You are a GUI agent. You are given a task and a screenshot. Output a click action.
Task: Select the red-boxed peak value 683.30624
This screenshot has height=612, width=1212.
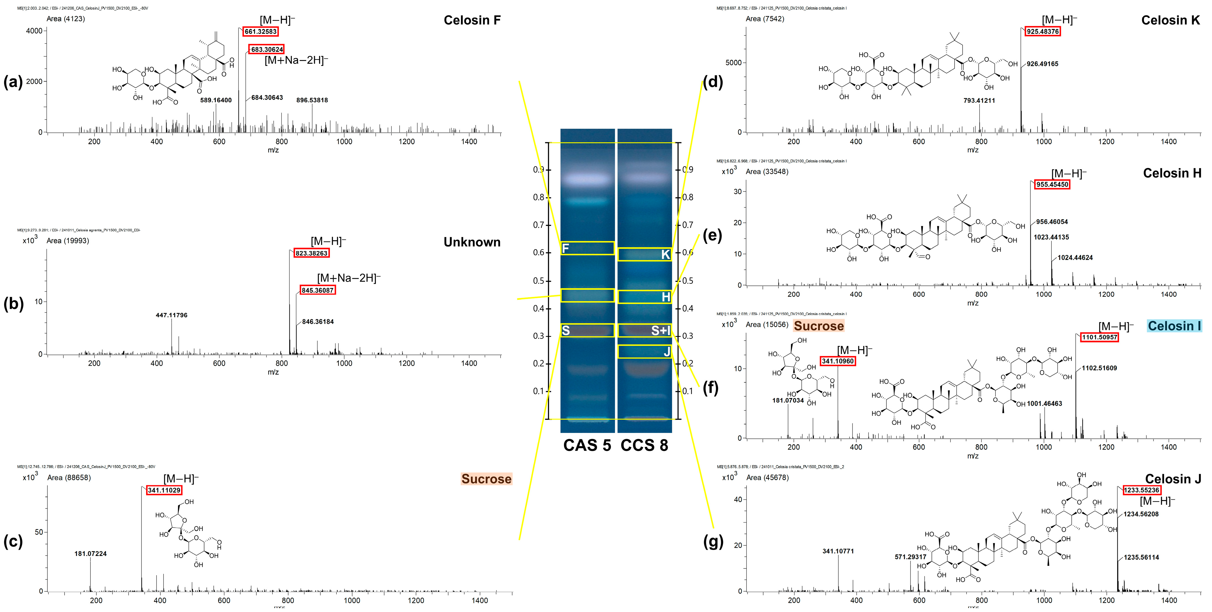[267, 50]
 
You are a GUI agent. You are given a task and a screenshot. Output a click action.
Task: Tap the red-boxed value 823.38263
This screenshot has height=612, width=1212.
[311, 253]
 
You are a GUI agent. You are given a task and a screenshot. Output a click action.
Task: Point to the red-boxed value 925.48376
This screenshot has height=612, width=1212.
[1043, 32]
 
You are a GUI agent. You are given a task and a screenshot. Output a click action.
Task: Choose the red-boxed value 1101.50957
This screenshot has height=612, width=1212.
[1099, 337]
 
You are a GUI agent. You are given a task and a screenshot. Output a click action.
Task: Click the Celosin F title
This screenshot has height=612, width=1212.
[472, 20]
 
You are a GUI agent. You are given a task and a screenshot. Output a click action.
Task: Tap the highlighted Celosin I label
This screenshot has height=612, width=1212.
[1174, 326]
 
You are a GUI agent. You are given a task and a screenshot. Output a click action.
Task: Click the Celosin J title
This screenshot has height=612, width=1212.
[1172, 479]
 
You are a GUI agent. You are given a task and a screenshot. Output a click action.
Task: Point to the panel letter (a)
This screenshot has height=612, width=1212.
[13, 82]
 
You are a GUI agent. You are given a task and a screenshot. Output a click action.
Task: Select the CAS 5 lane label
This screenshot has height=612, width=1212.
[587, 445]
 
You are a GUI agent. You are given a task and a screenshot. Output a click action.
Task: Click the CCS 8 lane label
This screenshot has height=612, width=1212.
[644, 445]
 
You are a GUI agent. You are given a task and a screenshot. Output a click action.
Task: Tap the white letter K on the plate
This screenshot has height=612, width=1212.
[665, 255]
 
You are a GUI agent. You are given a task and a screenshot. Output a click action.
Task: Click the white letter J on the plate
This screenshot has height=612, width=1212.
[667, 352]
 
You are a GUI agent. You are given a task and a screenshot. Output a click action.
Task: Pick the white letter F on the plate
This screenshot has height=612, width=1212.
[566, 248]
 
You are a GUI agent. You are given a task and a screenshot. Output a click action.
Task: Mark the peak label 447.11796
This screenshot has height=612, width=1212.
[171, 315]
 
